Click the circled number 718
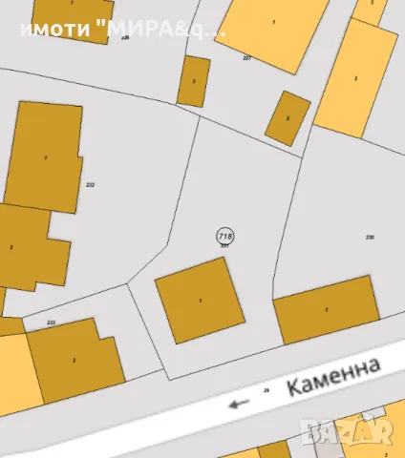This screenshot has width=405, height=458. point(225,235)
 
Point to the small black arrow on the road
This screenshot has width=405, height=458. point(238,403)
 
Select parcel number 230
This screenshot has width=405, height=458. point(370,236)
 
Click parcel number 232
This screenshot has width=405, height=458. point(90,184)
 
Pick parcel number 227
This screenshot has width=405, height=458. point(246,58)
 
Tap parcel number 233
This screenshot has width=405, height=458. point(51,323)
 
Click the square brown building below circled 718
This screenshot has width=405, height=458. point(200,302)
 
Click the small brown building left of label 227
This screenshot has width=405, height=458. point(194,81)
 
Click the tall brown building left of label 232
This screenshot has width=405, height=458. point(44,157)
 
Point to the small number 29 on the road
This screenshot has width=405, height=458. point(266,389)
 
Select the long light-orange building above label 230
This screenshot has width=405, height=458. point(356,78)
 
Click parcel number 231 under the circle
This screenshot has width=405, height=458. point(225,246)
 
